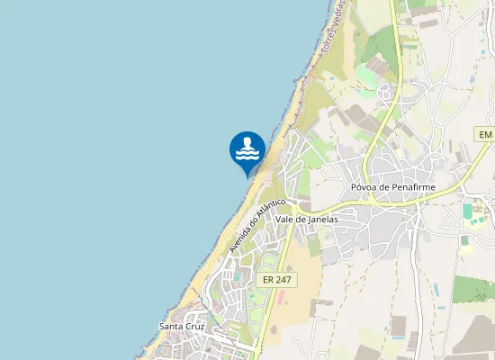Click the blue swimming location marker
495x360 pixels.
[247, 151]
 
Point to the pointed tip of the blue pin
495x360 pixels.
[247, 177]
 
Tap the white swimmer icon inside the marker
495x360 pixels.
[247, 149]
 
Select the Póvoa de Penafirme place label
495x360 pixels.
[392, 187]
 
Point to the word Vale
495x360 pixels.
[286, 219]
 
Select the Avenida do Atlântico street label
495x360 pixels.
[256, 225]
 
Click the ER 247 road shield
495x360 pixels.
[276, 280]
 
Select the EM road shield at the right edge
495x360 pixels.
[484, 134]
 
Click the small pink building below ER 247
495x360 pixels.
[281, 299]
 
